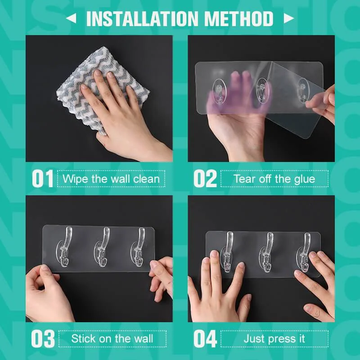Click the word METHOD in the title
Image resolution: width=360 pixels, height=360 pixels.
point(238,19)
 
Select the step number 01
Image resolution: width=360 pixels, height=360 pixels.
point(43,179)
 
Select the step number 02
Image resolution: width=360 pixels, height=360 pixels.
point(205,179)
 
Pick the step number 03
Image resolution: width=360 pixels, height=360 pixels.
point(43,339)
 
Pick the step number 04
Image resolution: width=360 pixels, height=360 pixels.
point(205,339)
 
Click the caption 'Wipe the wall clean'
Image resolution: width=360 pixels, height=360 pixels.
point(111,179)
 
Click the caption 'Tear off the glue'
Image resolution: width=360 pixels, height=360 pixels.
point(274,179)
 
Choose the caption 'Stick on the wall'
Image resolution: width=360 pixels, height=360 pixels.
point(112,338)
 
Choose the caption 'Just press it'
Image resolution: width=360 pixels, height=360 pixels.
point(274,338)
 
